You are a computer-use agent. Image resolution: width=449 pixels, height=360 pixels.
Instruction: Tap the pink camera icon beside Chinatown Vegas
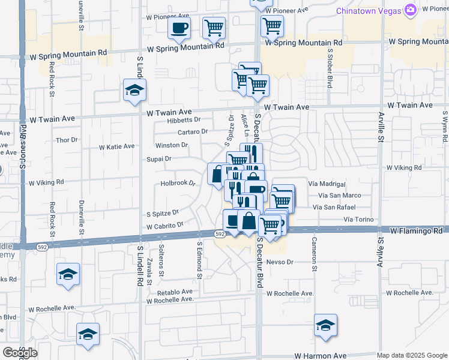tap(411, 10)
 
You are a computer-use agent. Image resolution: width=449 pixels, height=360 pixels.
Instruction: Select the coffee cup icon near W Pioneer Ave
tap(179, 28)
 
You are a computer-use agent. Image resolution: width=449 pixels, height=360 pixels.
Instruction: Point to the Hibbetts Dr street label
tap(184, 120)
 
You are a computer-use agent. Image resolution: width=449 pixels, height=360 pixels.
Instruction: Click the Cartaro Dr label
tap(192, 132)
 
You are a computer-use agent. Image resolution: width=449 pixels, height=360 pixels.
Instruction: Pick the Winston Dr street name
tap(172, 145)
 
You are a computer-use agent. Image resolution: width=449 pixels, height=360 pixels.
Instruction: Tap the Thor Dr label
tap(67, 140)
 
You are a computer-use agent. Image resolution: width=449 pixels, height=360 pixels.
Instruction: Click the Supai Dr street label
tap(159, 159)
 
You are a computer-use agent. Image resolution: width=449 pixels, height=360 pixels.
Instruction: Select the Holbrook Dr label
tap(178, 183)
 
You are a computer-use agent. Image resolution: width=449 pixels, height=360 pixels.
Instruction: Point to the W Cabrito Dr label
tap(164, 226)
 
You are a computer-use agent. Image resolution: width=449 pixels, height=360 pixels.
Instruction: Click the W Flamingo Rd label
tap(416, 230)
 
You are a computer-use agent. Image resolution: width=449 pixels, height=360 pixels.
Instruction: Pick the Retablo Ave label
tap(175, 292)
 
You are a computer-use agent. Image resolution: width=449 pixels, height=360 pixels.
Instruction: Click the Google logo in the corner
tap(19, 353)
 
